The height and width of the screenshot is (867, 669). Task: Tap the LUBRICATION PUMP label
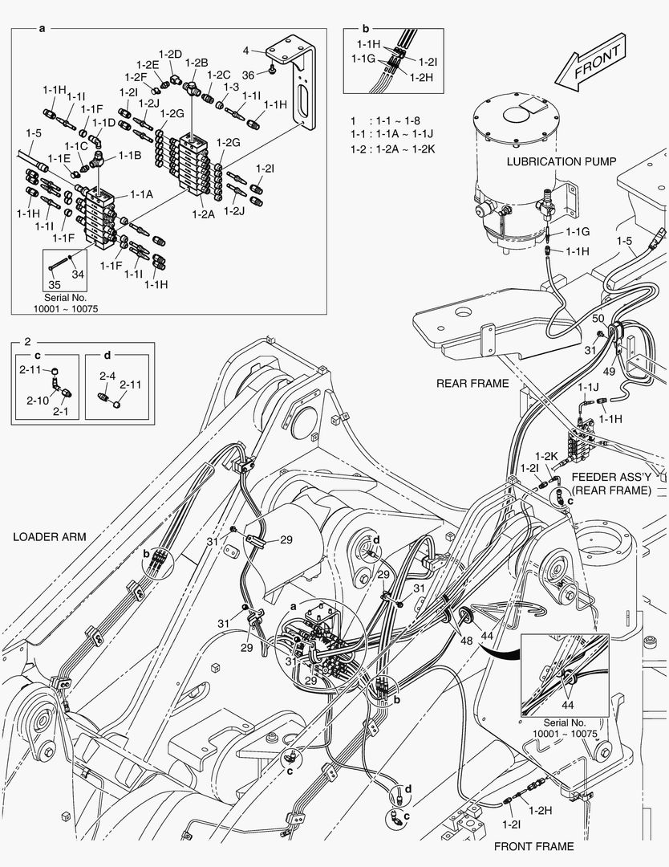click(x=562, y=161)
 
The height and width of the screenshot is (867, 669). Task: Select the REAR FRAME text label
click(x=472, y=383)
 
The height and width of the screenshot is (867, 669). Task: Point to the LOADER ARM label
click(x=49, y=537)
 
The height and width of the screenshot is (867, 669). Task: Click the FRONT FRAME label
click(x=533, y=846)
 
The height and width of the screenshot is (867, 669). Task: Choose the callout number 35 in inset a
click(x=55, y=284)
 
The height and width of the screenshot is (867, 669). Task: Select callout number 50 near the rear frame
click(x=598, y=319)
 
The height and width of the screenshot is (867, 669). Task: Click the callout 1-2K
click(x=546, y=456)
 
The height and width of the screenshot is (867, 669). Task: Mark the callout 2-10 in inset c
click(x=38, y=400)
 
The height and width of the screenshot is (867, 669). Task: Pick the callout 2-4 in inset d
click(x=107, y=375)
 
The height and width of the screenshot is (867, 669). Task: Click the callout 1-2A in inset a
click(x=203, y=214)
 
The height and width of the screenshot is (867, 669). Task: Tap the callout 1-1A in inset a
click(x=141, y=193)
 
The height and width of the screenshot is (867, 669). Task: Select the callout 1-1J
click(x=589, y=387)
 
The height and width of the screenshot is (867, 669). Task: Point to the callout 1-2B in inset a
click(x=197, y=62)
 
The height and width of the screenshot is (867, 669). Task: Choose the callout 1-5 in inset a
click(x=34, y=133)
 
